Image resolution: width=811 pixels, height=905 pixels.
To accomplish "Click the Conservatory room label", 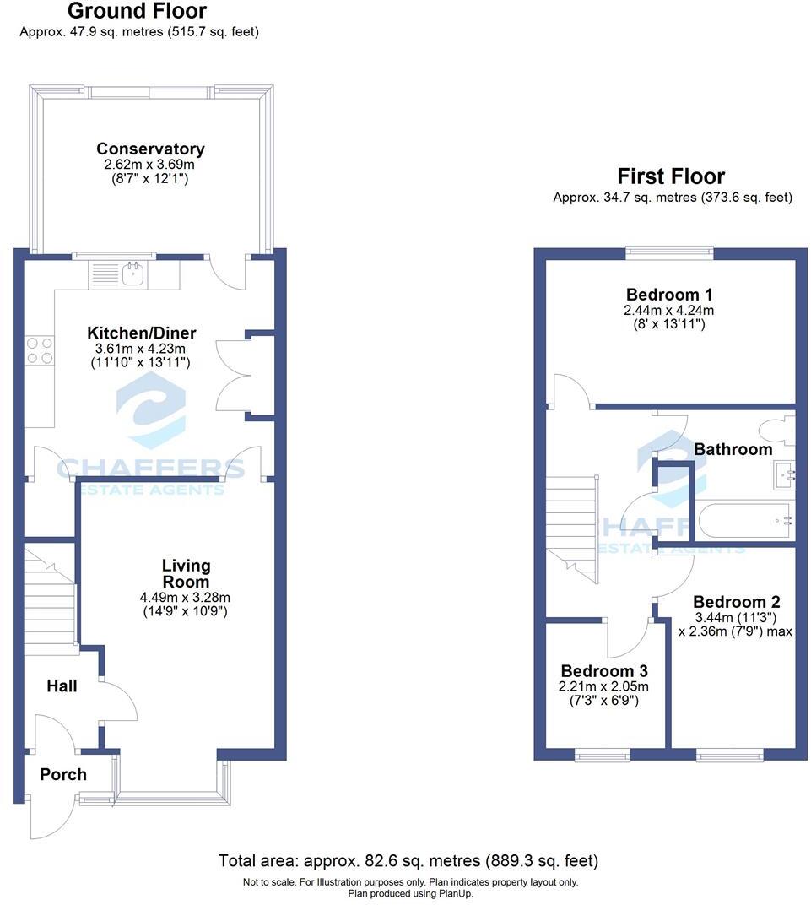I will [150, 149].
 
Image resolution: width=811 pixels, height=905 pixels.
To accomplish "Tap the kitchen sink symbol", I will [132, 274].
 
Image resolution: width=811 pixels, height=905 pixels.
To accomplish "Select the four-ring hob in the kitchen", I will [40, 350].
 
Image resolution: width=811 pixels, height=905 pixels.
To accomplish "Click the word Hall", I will [61, 686].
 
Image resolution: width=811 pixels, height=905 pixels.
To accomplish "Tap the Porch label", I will [63, 774].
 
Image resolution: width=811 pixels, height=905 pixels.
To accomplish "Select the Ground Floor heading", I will [137, 12].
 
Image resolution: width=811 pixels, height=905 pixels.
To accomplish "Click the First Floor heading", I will [671, 176].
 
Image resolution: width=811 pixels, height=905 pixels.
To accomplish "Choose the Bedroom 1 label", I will [669, 295].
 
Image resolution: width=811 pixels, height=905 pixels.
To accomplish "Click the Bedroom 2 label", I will [736, 602].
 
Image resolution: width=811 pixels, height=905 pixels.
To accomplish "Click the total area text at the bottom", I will [408, 861].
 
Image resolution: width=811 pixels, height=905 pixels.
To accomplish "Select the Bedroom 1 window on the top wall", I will [669, 251].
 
